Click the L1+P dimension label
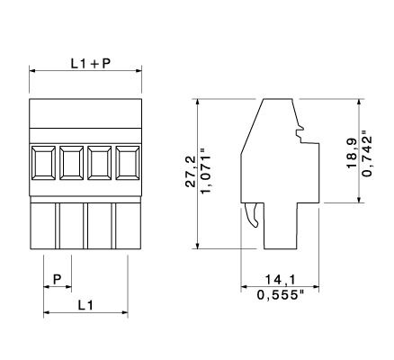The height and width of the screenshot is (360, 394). point(91,63)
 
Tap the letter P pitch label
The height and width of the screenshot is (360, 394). point(57,280)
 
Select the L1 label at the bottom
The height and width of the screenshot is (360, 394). point(85,305)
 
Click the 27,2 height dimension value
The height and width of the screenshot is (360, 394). point(191,172)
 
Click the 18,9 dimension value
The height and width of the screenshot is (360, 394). point(352,153)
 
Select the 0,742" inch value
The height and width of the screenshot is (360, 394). point(367,153)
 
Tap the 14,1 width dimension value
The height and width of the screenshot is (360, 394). point(281,280)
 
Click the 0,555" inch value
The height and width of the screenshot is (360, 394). point(281,295)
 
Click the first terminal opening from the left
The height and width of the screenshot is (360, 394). point(43,163)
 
